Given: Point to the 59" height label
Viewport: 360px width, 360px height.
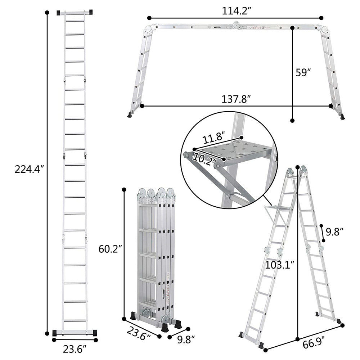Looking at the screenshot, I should (x=303, y=72).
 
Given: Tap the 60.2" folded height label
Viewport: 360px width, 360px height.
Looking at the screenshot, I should (x=110, y=248).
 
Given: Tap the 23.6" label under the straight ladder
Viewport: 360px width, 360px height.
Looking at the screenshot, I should (x=74, y=349).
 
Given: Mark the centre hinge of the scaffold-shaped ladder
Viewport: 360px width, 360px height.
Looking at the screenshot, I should (x=237, y=25).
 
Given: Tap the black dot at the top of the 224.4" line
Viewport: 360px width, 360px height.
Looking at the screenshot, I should (x=47, y=13).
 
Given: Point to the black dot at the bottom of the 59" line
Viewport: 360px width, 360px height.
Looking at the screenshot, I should (x=293, y=121).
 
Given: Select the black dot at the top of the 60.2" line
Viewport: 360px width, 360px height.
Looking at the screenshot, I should (x=124, y=189).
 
